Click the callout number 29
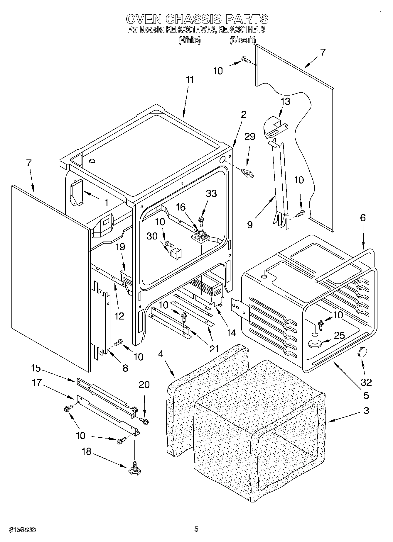[x=250, y=137]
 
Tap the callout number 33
[x=211, y=193]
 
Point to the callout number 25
[x=339, y=336]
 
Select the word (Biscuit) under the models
[x=242, y=40]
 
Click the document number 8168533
[x=23, y=529]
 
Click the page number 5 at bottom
[x=196, y=529]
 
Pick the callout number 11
[x=190, y=80]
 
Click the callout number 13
[x=285, y=101]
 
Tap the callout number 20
[x=144, y=385]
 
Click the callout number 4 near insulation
[x=160, y=354]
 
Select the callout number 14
[x=231, y=333]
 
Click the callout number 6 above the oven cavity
[x=363, y=218]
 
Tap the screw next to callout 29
[x=247, y=173]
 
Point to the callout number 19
[x=120, y=247]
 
